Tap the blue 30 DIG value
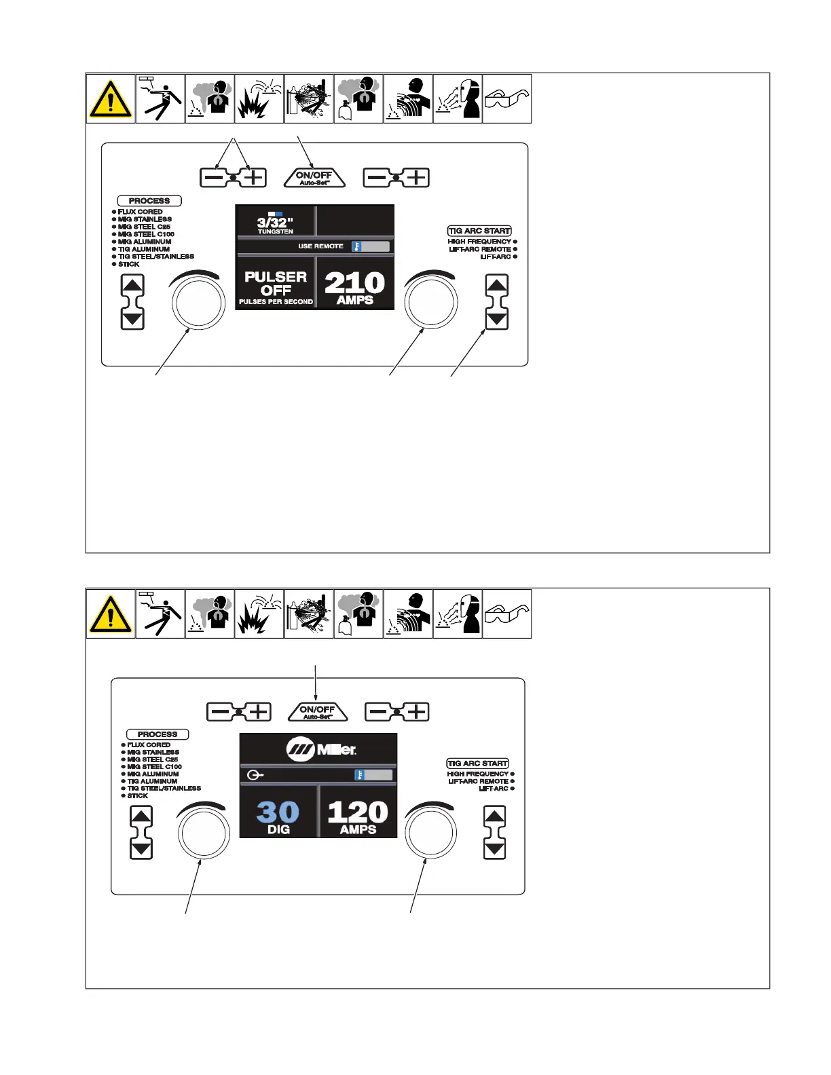pos(278,816)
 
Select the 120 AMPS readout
pos(358,816)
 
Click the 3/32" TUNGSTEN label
pos(275,225)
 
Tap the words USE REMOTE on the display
pos(320,246)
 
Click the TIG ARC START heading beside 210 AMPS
pos(479,231)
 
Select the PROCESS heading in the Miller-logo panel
pos(158,734)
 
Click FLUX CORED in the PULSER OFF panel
pos(141,212)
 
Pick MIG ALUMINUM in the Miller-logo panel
pos(153,774)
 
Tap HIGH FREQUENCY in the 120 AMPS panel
pos(478,774)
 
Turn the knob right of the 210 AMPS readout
pos(430,302)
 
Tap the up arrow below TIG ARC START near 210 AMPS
pos(497,285)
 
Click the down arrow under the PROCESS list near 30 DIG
pos(141,849)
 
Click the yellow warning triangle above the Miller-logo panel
pos(111,614)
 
